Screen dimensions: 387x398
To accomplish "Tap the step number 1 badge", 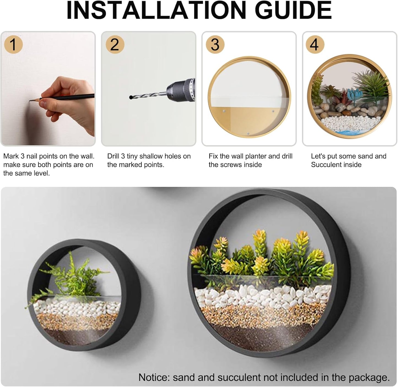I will click(13, 44).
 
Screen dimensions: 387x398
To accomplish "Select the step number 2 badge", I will click(115, 44).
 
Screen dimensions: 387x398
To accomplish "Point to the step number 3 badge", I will click(215, 44).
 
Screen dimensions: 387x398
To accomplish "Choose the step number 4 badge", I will click(315, 44).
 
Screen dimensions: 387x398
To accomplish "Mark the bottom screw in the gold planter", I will click(248, 133).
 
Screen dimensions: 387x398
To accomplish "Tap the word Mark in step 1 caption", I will click(11, 156).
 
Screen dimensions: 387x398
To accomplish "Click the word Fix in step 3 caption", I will click(213, 156).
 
